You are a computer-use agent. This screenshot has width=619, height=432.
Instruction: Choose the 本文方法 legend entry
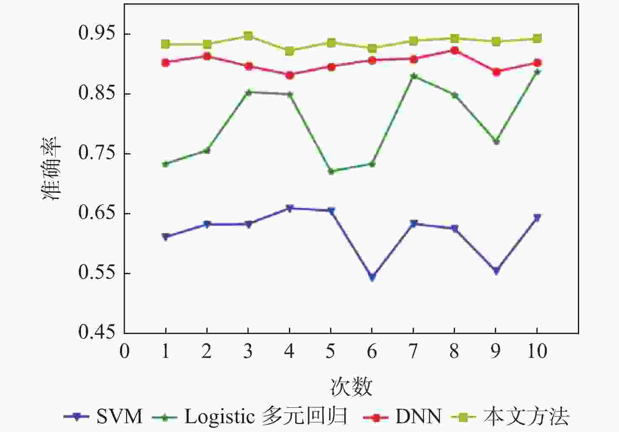[x=526, y=417]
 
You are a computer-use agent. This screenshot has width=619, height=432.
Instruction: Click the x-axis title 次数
[x=351, y=386]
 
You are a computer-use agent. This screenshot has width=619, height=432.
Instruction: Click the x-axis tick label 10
[x=536, y=351]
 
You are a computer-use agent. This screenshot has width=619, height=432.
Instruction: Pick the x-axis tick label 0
[x=124, y=351]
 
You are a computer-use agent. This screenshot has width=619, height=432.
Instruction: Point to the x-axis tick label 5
[x=330, y=351]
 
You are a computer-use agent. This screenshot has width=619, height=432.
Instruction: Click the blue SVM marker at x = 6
[x=372, y=277]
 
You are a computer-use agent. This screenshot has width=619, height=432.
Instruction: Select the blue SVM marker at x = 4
[x=289, y=208]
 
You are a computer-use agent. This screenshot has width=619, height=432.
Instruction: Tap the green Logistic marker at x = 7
[x=413, y=76]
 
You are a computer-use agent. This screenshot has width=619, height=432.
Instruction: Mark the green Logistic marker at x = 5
[x=331, y=171]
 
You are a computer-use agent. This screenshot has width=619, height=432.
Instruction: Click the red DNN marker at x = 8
[x=454, y=51]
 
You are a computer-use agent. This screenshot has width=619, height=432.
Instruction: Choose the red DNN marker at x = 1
[x=165, y=63]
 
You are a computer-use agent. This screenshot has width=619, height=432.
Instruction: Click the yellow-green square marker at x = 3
[x=248, y=36]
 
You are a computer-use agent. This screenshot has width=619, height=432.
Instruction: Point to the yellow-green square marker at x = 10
[x=537, y=39]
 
